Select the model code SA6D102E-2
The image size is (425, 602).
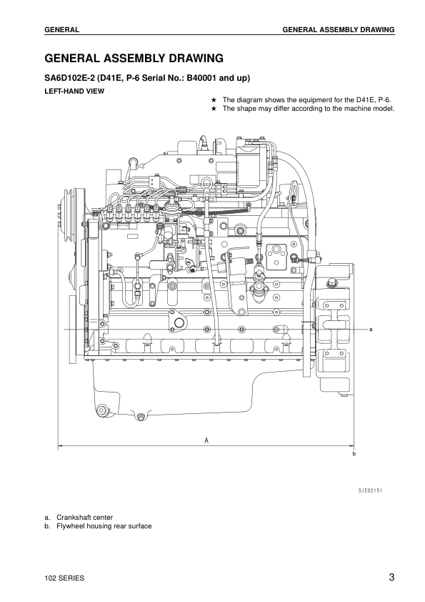pos(70,79)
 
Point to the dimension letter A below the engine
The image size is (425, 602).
pos(206,440)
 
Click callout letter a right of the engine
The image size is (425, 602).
pos(372,330)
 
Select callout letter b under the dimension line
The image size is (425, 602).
pos(354,455)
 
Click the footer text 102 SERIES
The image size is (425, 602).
pos(65,578)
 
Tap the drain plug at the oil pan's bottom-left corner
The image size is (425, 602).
pos(102,410)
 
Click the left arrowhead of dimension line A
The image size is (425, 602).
pos(60,447)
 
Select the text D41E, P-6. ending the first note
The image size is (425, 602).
pos(375,100)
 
